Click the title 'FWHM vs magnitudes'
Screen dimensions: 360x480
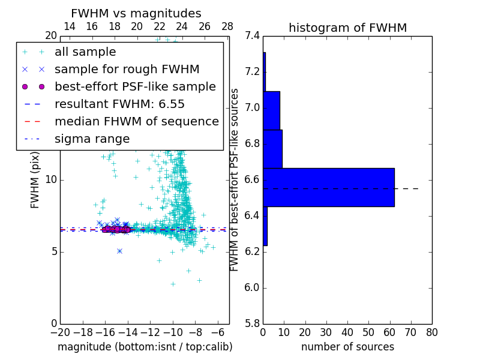click(x=136, y=14)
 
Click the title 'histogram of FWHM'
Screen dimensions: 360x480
click(x=347, y=28)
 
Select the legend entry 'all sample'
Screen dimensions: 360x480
click(x=85, y=52)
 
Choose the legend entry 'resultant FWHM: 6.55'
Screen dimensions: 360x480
click(x=119, y=104)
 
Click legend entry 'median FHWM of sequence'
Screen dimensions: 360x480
click(x=136, y=122)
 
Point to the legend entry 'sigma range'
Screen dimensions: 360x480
click(x=92, y=139)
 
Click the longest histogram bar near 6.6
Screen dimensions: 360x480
click(x=328, y=187)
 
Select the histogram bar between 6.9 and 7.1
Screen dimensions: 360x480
click(x=271, y=110)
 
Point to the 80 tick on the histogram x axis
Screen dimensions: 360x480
click(x=431, y=332)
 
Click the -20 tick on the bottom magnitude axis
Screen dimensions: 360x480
click(x=60, y=332)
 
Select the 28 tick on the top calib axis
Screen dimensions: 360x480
click(x=227, y=26)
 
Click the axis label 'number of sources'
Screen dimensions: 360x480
click(x=347, y=347)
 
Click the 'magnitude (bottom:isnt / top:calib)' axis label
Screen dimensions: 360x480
click(x=145, y=347)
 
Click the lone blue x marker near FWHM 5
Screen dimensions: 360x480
click(x=119, y=251)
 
